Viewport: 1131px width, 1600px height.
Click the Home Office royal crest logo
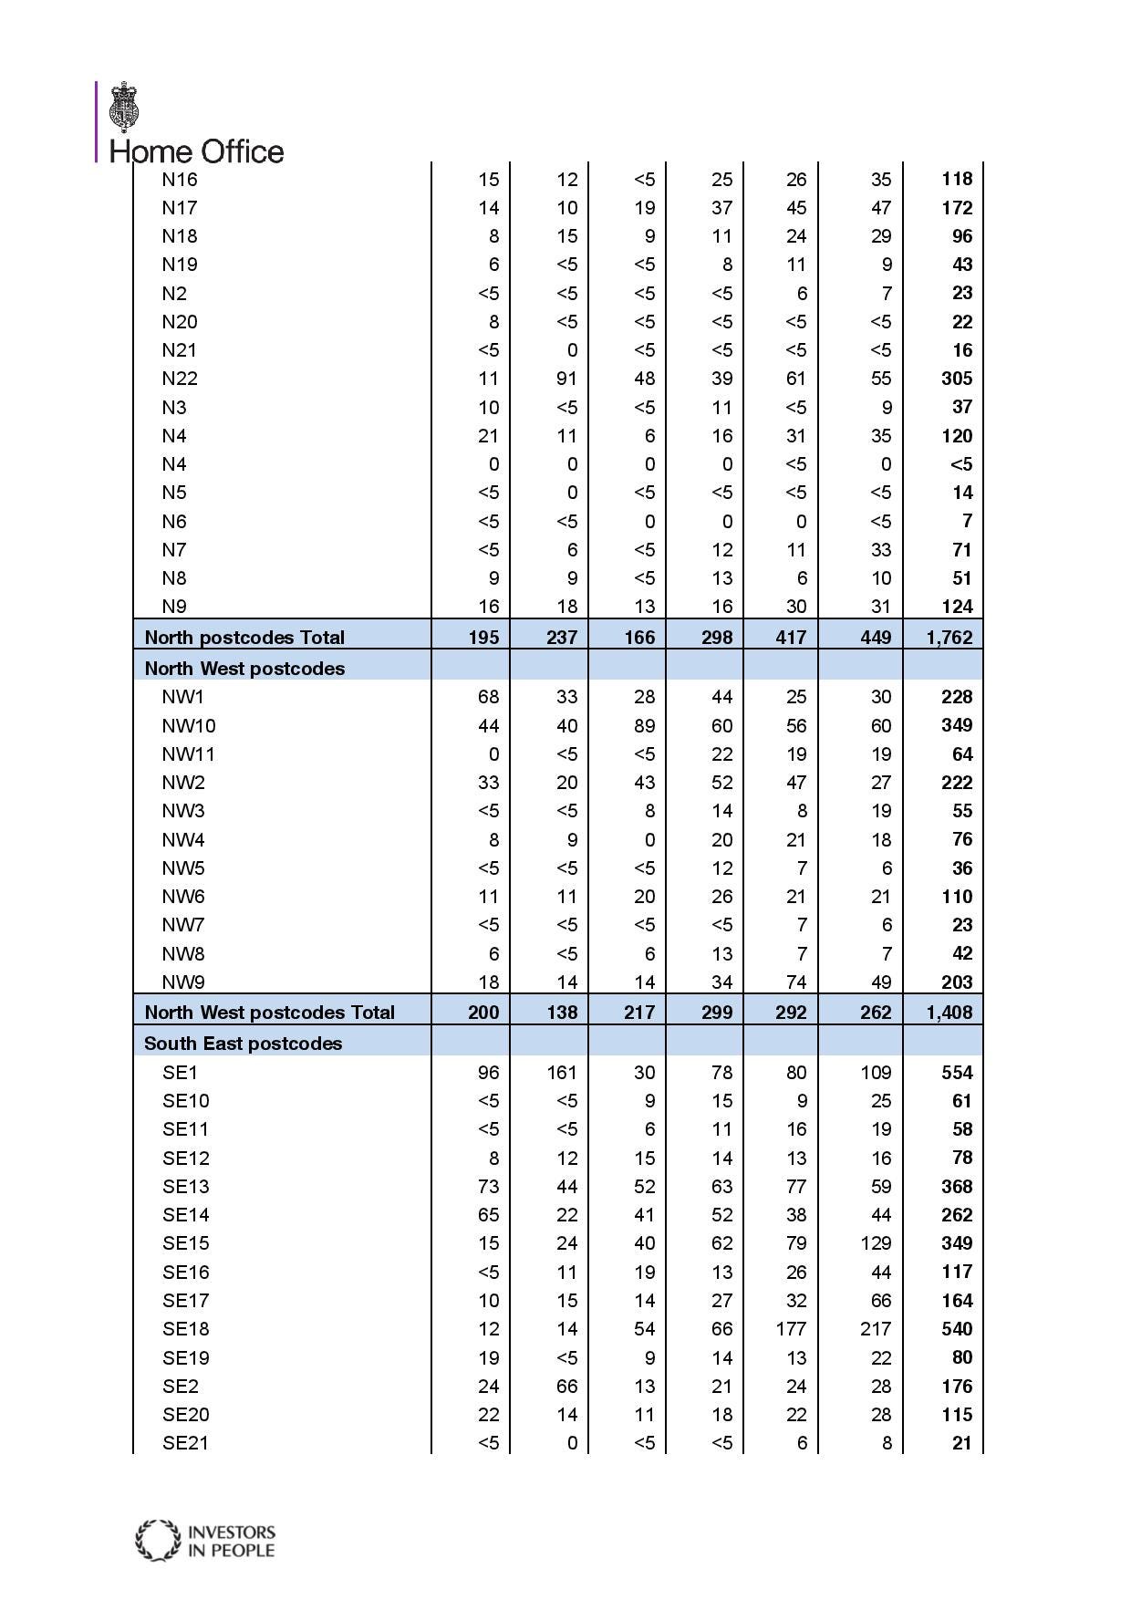click(x=126, y=107)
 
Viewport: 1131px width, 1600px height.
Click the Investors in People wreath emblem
click(x=158, y=1540)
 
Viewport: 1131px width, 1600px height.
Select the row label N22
click(x=180, y=379)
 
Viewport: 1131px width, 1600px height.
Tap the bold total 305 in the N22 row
click(x=957, y=379)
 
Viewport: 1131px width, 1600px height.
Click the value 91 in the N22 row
click(x=566, y=379)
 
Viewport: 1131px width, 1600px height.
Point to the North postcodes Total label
click(x=244, y=637)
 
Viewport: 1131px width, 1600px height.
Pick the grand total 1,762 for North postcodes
click(x=949, y=637)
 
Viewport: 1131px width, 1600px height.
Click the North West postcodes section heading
click(x=244, y=668)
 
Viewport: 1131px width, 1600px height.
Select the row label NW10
click(x=189, y=725)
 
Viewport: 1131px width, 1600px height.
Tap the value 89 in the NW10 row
click(x=644, y=725)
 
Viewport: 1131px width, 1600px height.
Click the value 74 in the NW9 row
click(x=795, y=982)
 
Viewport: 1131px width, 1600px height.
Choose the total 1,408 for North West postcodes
click(x=949, y=1012)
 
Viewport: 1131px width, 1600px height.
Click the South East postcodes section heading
click(x=243, y=1043)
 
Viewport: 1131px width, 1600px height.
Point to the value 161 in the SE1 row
click(x=562, y=1072)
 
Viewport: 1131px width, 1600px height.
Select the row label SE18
click(x=186, y=1329)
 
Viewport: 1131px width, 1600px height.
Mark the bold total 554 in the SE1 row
click(x=957, y=1072)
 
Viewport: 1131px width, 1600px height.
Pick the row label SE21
click(x=186, y=1443)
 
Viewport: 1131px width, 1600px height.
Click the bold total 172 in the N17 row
click(x=957, y=207)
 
